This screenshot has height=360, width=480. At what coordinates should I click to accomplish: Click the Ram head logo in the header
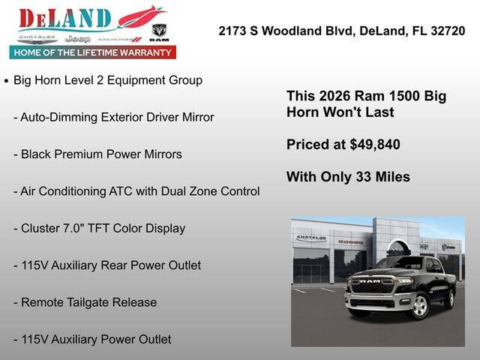point(159,32)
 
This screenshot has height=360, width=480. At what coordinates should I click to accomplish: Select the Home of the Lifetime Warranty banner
point(93,52)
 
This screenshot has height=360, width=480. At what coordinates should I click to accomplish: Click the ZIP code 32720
point(447,31)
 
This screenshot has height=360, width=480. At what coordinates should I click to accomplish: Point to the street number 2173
point(232,31)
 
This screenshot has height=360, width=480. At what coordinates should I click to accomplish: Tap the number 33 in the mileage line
point(358,177)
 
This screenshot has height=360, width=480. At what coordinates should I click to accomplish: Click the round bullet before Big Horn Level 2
point(6,80)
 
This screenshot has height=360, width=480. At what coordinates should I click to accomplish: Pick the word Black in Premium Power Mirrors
point(37,154)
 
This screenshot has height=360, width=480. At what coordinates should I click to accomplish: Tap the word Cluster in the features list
point(41,228)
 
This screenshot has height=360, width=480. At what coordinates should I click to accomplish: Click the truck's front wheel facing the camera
point(418,305)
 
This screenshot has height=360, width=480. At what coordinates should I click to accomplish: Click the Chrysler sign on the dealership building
point(310,238)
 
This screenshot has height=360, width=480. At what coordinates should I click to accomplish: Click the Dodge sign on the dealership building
point(350,241)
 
